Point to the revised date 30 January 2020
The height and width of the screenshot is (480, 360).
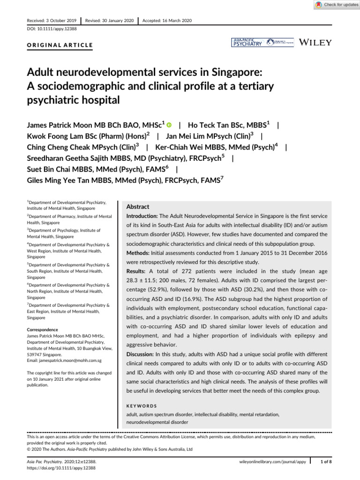110,21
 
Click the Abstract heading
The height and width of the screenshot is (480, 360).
138,206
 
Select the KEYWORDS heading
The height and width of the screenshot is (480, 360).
142,406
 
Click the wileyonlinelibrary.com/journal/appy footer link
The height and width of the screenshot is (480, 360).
272,462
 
